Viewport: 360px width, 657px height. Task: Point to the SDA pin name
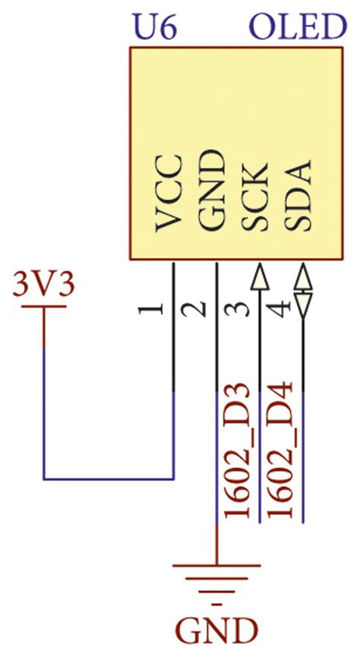[299, 197]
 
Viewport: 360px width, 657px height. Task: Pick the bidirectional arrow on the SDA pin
[303, 290]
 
